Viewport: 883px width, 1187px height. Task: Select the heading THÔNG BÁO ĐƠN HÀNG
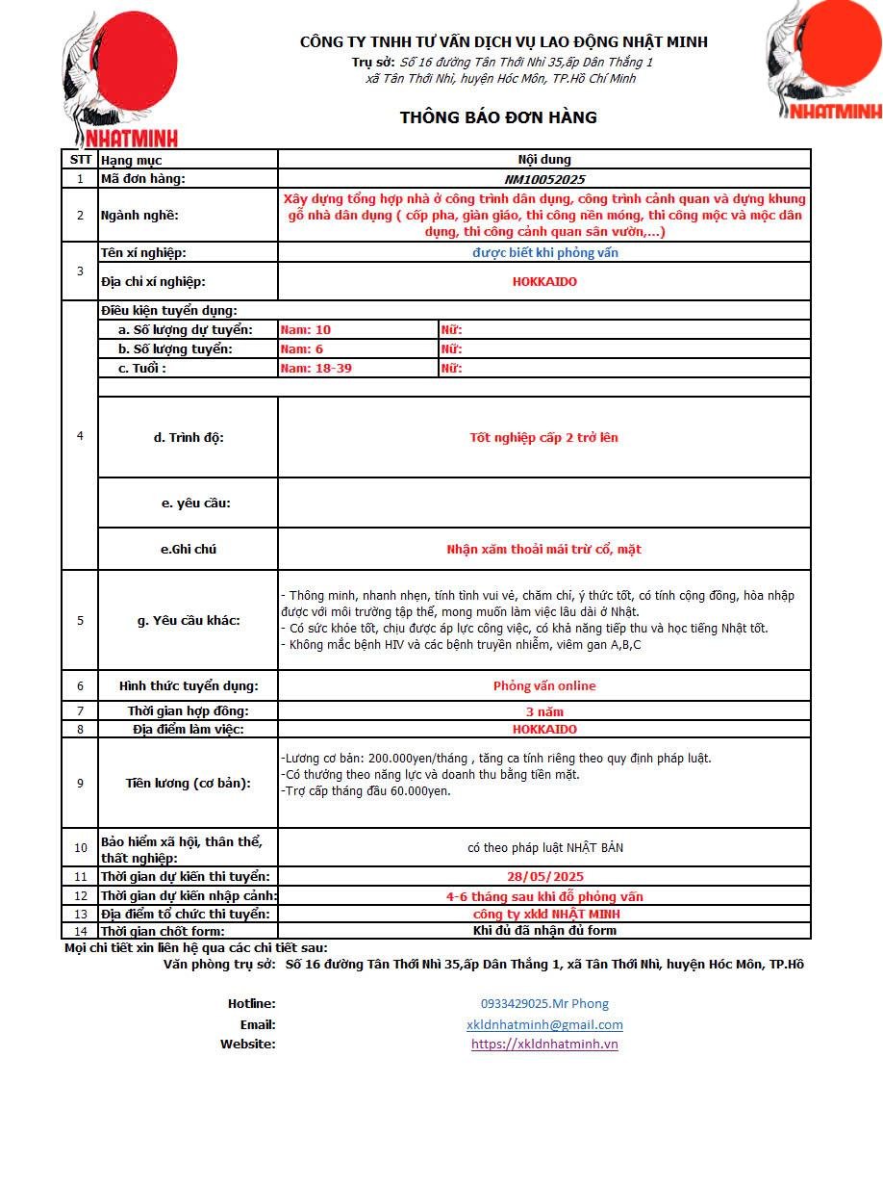pyautogui.click(x=498, y=117)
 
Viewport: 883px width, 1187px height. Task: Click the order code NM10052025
pyautogui.click(x=544, y=179)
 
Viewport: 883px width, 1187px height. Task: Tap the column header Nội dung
pyautogui.click(x=544, y=160)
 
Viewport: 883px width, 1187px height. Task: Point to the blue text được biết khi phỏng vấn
pyautogui.click(x=544, y=252)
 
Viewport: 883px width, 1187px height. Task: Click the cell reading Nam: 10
pyautogui.click(x=306, y=330)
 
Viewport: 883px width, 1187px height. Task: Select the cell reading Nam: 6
pyautogui.click(x=302, y=349)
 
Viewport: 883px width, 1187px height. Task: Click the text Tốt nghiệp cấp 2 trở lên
pyautogui.click(x=544, y=438)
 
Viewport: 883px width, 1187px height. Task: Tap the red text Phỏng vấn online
pyautogui.click(x=544, y=686)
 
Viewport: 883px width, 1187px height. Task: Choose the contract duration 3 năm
pyautogui.click(x=544, y=711)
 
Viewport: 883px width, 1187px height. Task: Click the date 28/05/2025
pyautogui.click(x=544, y=876)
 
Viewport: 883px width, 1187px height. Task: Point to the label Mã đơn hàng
pyautogui.click(x=143, y=179)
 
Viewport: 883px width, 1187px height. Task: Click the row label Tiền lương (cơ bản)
pyautogui.click(x=188, y=783)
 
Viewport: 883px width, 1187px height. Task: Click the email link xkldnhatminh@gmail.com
pyautogui.click(x=544, y=1024)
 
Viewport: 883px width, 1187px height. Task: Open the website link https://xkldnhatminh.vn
pyautogui.click(x=544, y=1044)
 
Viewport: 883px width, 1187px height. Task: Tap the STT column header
pyautogui.click(x=80, y=160)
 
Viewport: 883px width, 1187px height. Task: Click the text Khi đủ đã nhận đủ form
pyautogui.click(x=544, y=930)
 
